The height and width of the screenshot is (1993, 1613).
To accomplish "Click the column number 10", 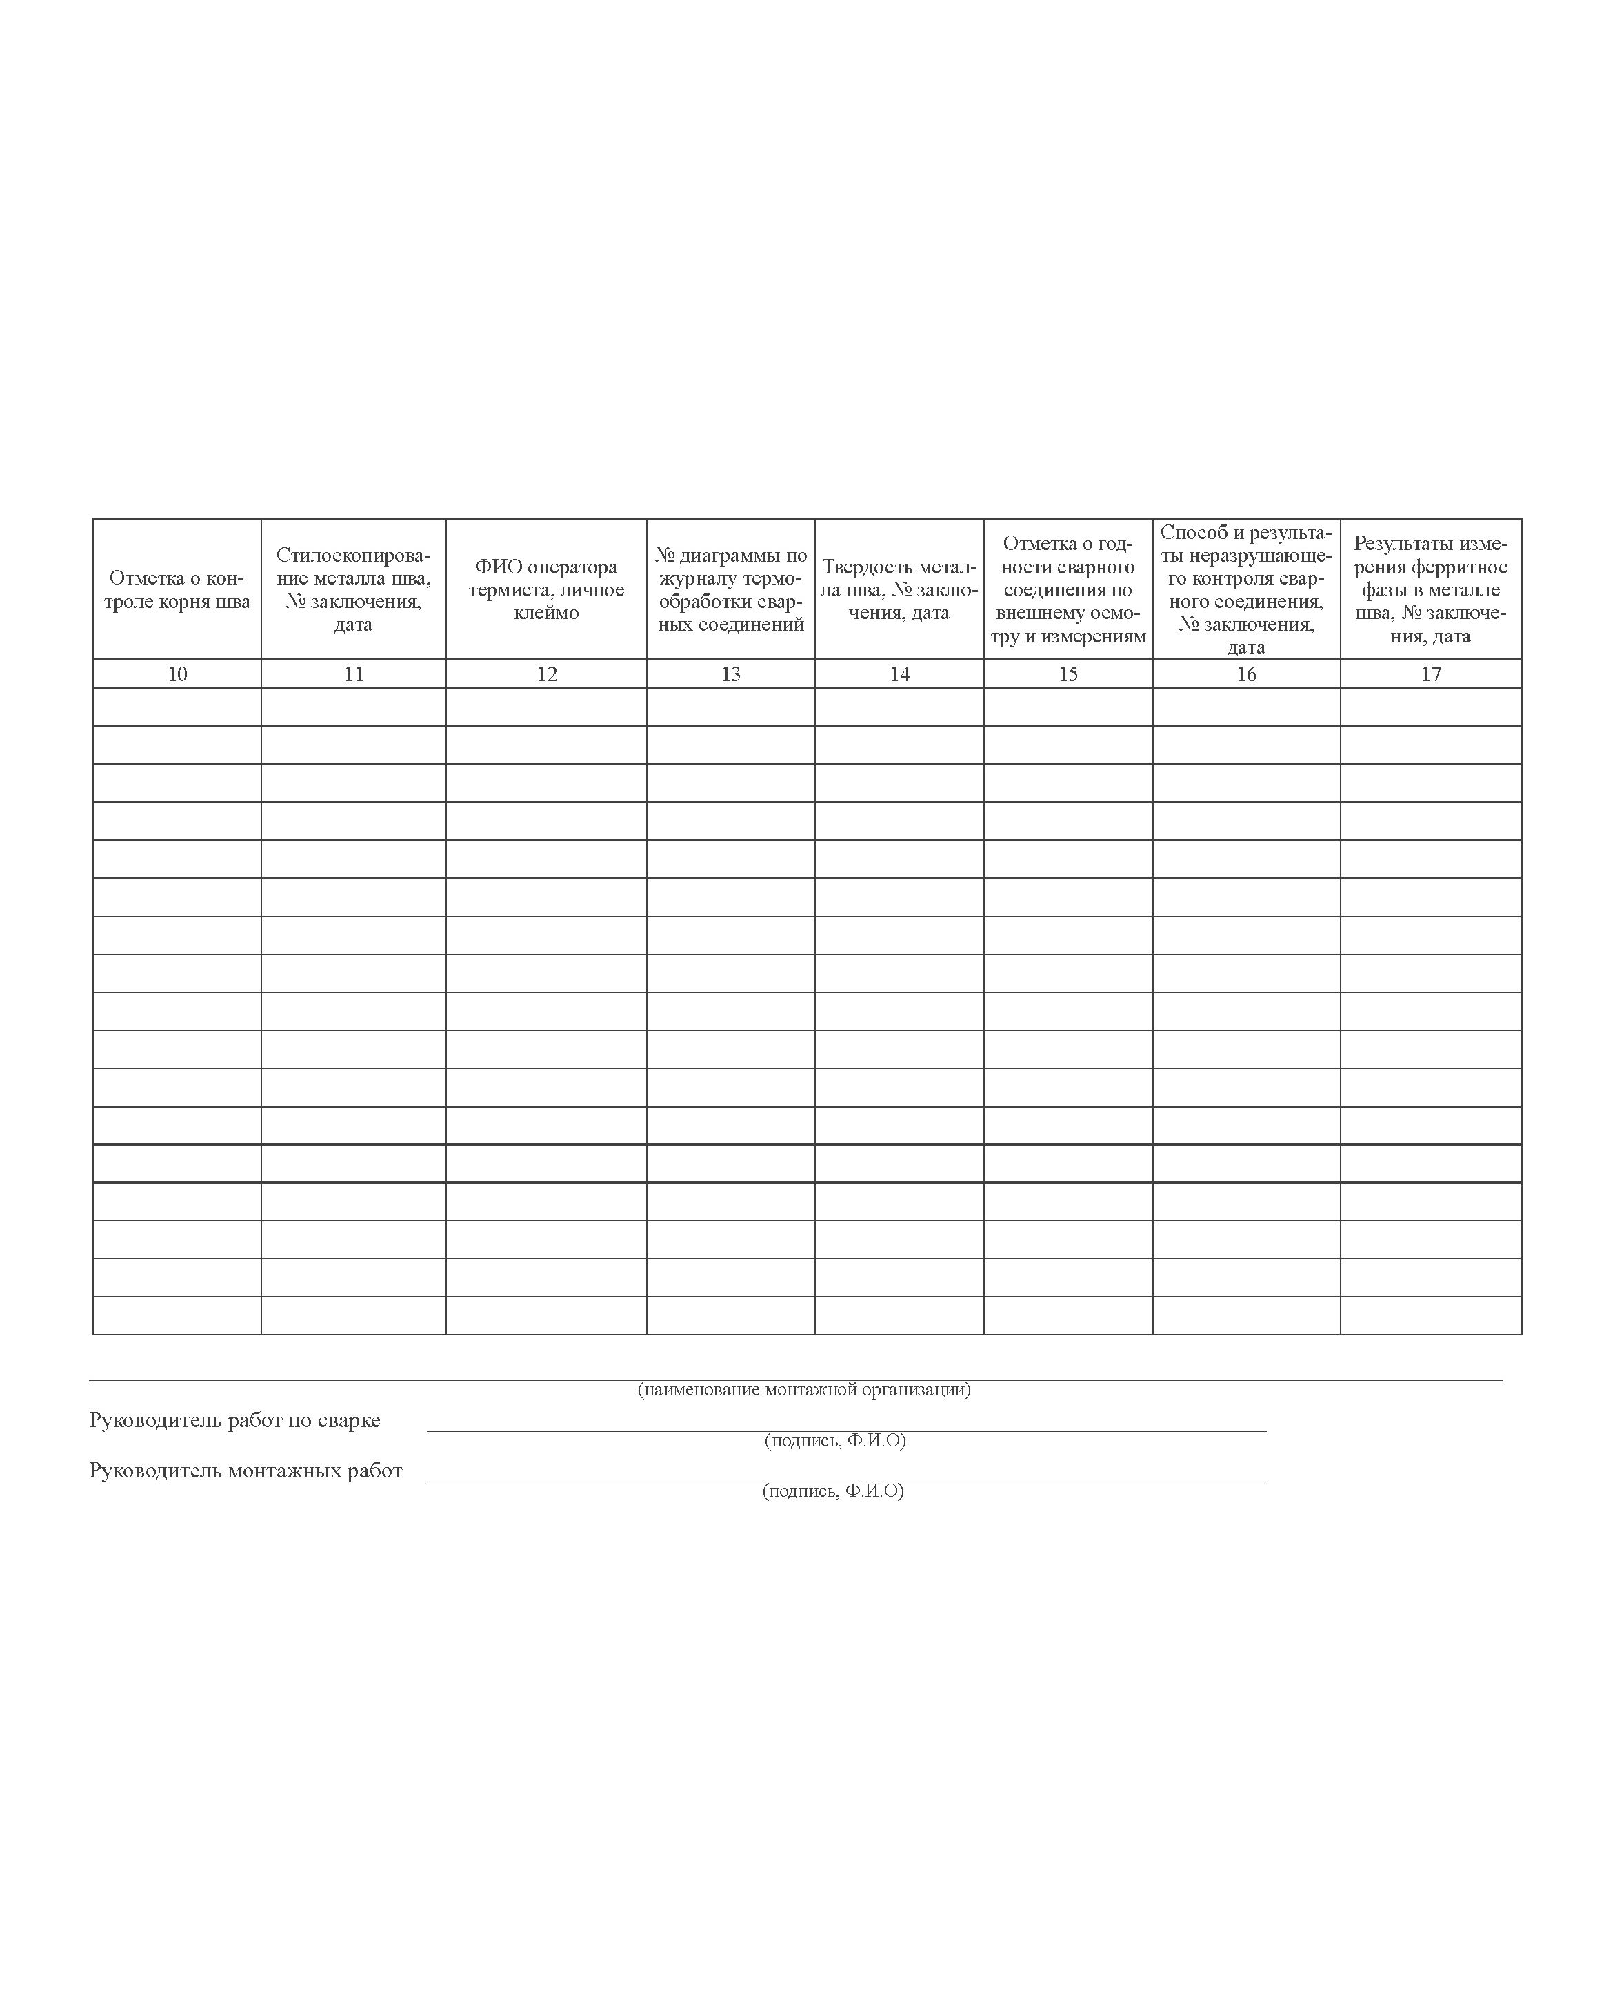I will pyautogui.click(x=177, y=674).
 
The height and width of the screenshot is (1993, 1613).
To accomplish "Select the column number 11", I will pyautogui.click(x=353, y=674).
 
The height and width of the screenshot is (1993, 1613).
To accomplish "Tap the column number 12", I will pyautogui.click(x=546, y=674).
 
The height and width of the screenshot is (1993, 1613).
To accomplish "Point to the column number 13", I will pyautogui.click(x=730, y=674).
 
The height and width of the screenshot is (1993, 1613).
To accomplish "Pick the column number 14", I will pyautogui.click(x=899, y=674).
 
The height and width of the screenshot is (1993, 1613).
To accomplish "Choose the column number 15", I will pyautogui.click(x=1068, y=674).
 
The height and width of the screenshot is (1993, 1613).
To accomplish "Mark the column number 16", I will pyautogui.click(x=1246, y=674).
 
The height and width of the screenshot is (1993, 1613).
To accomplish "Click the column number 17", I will pyautogui.click(x=1431, y=674).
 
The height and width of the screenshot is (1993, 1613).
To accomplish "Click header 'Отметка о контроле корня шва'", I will pyautogui.click(x=177, y=589).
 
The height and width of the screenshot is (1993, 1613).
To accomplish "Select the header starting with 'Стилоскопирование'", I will pyautogui.click(x=353, y=589).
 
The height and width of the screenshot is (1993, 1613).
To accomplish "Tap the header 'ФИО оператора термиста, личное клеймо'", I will pyautogui.click(x=546, y=589).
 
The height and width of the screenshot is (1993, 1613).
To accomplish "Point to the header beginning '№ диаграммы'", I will pyautogui.click(x=730, y=589).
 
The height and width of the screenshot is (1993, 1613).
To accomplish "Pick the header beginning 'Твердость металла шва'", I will pyautogui.click(x=899, y=589).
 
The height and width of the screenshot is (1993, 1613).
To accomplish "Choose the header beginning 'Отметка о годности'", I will pyautogui.click(x=1068, y=589).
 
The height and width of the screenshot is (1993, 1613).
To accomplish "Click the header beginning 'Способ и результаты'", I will pyautogui.click(x=1246, y=589).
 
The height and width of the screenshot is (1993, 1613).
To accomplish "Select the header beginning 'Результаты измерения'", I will pyautogui.click(x=1431, y=589).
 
